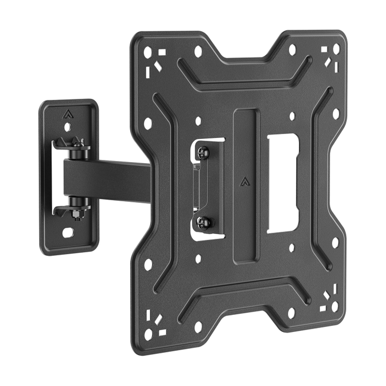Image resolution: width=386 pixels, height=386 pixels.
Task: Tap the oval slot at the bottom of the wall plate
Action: (68, 232)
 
